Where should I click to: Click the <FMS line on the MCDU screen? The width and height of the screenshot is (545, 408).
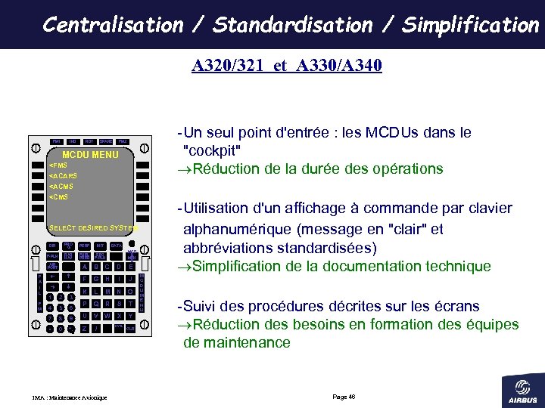[58, 165]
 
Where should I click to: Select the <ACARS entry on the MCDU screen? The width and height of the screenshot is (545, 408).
[62, 176]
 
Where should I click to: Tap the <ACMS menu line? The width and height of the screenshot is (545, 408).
[61, 187]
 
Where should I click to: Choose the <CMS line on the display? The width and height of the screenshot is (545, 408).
[58, 197]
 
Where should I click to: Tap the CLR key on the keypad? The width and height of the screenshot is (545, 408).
[130, 329]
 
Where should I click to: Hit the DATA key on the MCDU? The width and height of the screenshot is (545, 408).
[116, 246]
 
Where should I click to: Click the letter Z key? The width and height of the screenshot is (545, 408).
[84, 329]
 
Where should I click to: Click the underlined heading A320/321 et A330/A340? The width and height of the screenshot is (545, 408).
[287, 66]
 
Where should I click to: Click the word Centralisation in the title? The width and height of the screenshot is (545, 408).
[113, 25]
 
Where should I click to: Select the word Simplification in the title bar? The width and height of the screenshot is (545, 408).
[470, 25]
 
